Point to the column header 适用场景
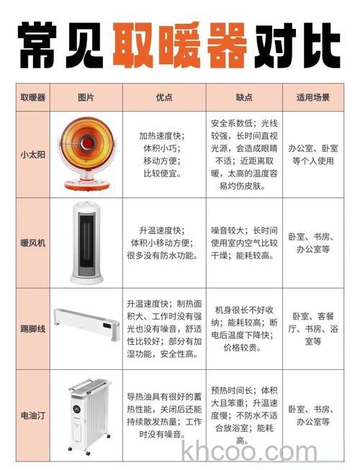click(x=312, y=97)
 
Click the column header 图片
click(x=86, y=97)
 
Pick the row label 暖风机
click(x=32, y=243)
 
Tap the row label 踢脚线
click(x=32, y=328)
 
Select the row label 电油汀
click(x=32, y=415)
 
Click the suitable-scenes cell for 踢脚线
click(x=312, y=328)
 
